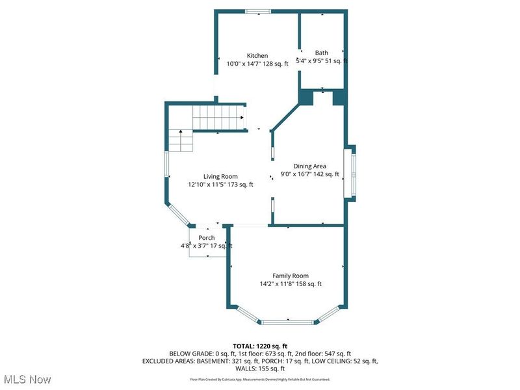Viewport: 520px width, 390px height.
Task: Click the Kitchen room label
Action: (x=257, y=56)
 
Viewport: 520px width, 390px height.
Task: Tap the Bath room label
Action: (x=322, y=53)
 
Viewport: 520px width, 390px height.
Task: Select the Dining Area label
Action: (x=310, y=166)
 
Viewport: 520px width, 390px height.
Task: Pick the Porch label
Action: (x=207, y=238)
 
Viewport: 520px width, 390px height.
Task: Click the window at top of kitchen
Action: (x=258, y=10)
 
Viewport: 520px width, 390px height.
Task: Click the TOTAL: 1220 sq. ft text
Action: (x=260, y=345)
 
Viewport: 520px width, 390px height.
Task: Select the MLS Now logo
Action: (x=27, y=378)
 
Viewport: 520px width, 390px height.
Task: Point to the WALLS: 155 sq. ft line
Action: (x=260, y=369)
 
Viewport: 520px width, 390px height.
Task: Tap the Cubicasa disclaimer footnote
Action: (x=260, y=379)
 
